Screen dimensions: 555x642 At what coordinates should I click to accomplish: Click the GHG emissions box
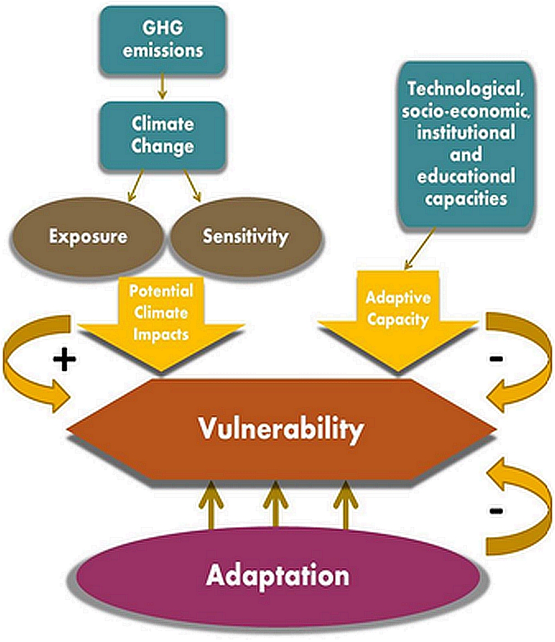click(163, 40)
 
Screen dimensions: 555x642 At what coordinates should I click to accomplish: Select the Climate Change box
click(163, 135)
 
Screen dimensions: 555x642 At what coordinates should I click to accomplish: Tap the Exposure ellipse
click(88, 237)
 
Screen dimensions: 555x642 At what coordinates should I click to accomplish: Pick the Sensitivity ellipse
click(246, 237)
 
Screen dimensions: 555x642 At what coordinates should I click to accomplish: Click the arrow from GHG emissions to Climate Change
click(163, 87)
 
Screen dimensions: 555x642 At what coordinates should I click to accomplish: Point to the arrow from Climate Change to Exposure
click(135, 185)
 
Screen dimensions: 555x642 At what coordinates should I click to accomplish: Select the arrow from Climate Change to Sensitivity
click(192, 185)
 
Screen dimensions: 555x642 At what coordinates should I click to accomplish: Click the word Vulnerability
click(281, 429)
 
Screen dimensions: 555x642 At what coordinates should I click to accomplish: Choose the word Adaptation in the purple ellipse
click(278, 575)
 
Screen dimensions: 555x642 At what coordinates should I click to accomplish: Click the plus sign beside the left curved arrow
click(64, 360)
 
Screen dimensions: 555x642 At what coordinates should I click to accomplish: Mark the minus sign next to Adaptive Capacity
click(496, 359)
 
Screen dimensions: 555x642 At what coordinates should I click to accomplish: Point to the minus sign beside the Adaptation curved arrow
click(496, 510)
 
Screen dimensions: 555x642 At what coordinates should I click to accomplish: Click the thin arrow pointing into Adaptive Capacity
click(420, 249)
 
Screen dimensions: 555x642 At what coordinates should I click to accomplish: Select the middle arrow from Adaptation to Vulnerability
click(275, 504)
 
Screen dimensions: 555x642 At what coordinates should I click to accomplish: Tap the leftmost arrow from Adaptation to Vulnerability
click(211, 504)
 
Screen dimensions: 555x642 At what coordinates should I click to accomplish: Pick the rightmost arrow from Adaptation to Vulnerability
click(346, 504)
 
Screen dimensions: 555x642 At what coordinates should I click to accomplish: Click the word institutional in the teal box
click(466, 132)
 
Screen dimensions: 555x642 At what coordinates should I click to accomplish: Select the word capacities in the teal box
click(466, 199)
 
